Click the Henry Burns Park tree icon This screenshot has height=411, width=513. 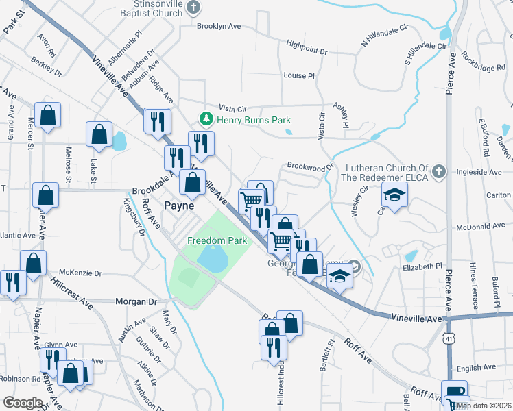click(x=205, y=119)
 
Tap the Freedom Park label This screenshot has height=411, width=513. click(x=217, y=241)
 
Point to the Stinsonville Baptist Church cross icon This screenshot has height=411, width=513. click(x=194, y=8)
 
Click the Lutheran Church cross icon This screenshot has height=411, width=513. click(x=439, y=171)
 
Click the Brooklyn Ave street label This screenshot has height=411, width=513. click(x=219, y=26)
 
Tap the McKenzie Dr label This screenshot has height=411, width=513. click(x=80, y=272)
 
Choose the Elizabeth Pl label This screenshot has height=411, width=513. click(x=424, y=266)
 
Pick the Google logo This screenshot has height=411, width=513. click(x=23, y=403)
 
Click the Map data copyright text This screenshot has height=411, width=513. click(x=484, y=406)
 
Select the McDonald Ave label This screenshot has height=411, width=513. click(x=484, y=225)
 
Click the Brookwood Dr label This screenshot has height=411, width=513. click(x=309, y=166)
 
